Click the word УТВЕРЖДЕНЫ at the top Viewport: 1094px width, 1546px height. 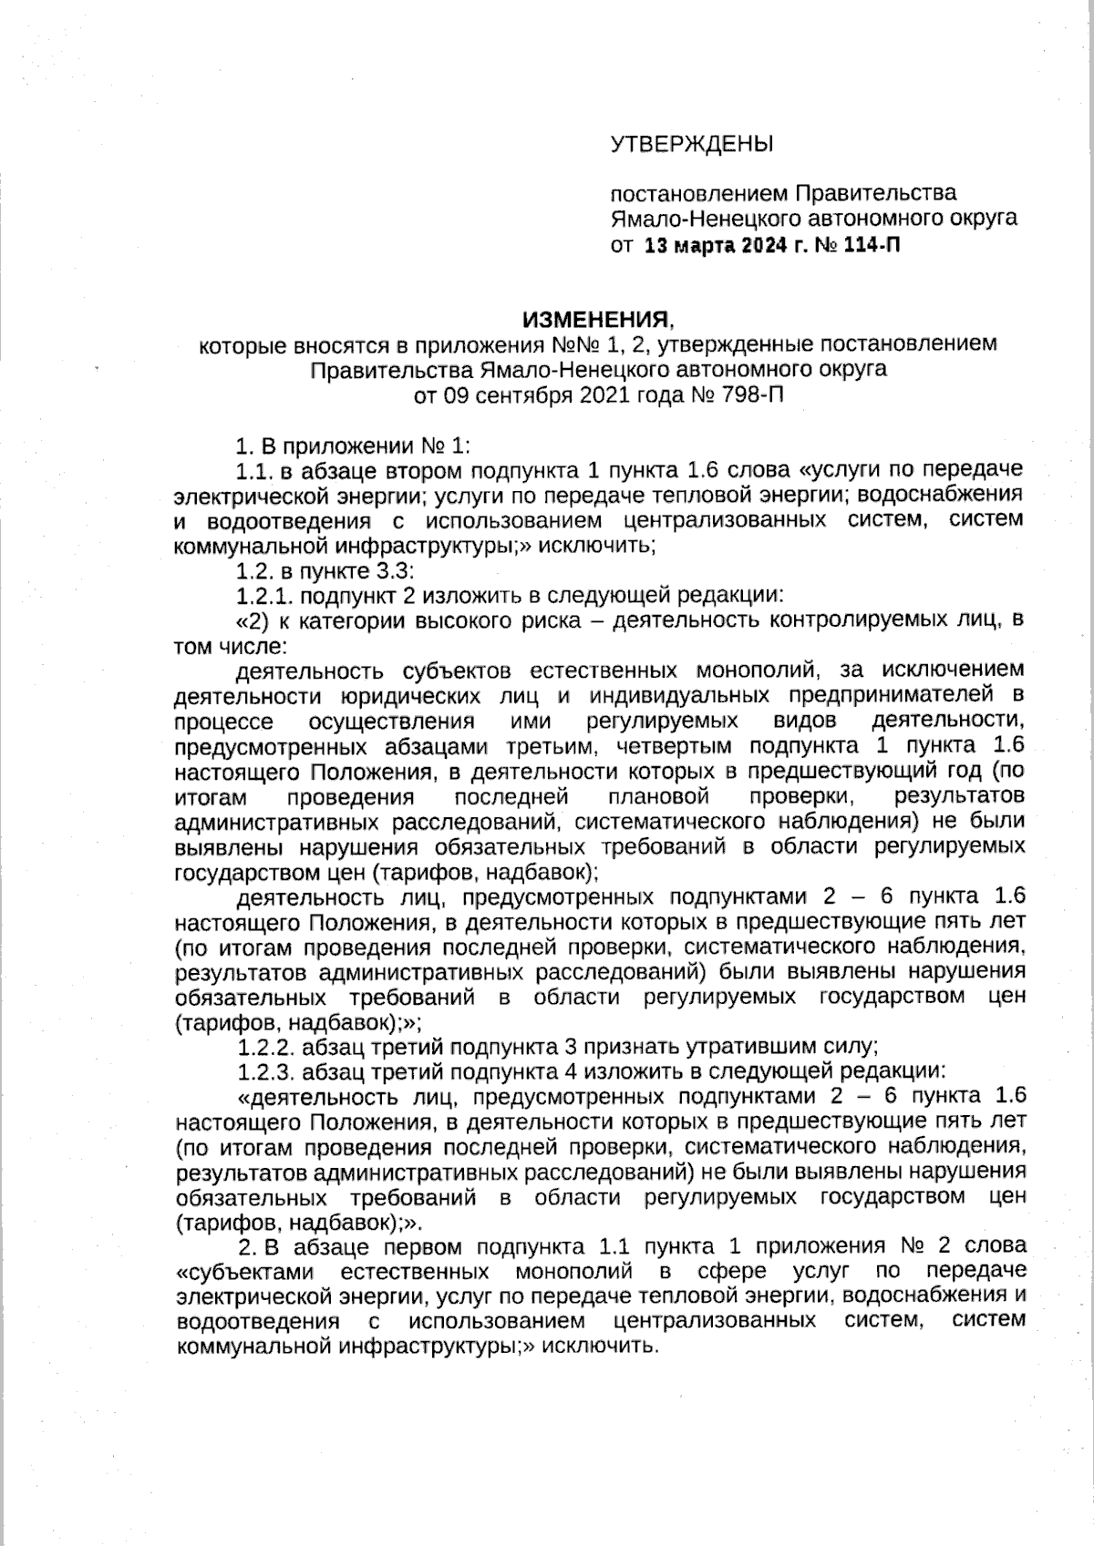pos(691,144)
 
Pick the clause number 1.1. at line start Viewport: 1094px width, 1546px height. pos(253,470)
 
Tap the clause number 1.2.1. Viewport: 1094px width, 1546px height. pos(264,597)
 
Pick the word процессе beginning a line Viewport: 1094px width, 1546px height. pos(222,722)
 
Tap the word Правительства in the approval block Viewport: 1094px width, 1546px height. pos(876,193)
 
